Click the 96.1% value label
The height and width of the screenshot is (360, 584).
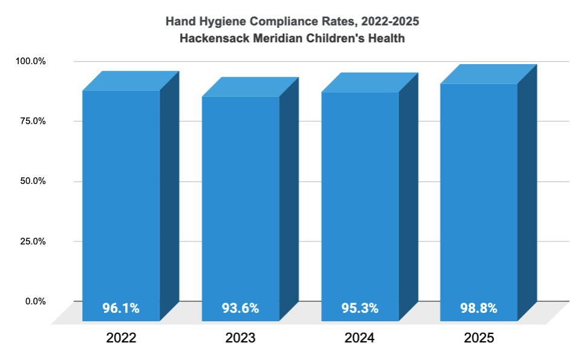[x=121, y=308]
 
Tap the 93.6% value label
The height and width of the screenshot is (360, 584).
[x=240, y=308]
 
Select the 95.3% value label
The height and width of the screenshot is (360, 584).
[x=360, y=308]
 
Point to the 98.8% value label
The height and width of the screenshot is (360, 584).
[x=478, y=308]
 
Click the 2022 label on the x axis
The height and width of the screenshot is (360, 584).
[x=121, y=338]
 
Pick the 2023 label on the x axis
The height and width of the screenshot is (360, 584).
[x=240, y=338]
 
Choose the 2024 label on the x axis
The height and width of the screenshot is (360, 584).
[x=360, y=338]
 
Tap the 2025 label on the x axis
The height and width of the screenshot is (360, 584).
[x=479, y=338]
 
